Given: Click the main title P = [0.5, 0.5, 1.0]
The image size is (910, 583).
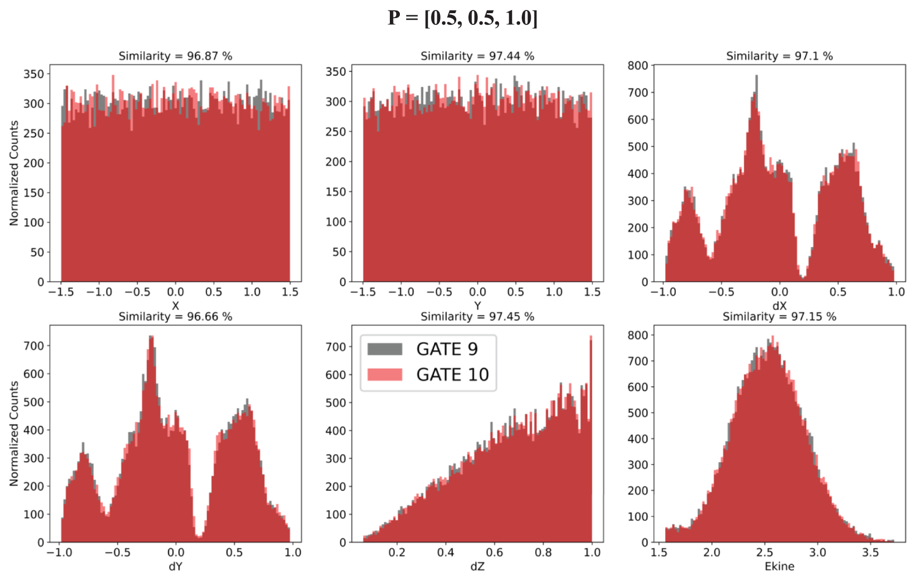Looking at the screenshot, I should point(462,18).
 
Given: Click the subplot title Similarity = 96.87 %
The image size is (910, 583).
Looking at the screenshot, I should point(175,56).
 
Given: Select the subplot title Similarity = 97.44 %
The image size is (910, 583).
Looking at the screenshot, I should point(477,56).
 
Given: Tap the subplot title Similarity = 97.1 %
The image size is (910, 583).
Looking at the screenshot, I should point(779,56).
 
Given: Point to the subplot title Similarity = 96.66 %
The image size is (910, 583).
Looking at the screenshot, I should point(175,317).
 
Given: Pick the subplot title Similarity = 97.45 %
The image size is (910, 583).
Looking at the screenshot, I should point(477,317).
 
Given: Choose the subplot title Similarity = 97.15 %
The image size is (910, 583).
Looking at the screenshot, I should point(779,317).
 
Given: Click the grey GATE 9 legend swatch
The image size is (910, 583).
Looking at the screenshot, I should point(385,349).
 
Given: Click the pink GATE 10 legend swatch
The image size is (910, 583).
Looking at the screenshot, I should point(385,375).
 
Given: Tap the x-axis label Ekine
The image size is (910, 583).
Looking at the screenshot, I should point(779,566).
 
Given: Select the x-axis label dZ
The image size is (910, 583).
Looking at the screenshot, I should point(477,566).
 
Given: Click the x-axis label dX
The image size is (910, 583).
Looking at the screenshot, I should point(779,306).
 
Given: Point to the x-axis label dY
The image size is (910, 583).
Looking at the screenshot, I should point(175,566).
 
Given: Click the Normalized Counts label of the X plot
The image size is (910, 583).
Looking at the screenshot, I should point(14,173).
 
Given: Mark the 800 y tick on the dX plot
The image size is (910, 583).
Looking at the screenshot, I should point(637,65).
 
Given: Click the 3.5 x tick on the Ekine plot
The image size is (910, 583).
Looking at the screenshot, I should point(870,552).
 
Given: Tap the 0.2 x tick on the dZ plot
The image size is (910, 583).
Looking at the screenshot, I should point(397,552).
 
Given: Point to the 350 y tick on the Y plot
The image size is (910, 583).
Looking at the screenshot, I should point(336,71).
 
